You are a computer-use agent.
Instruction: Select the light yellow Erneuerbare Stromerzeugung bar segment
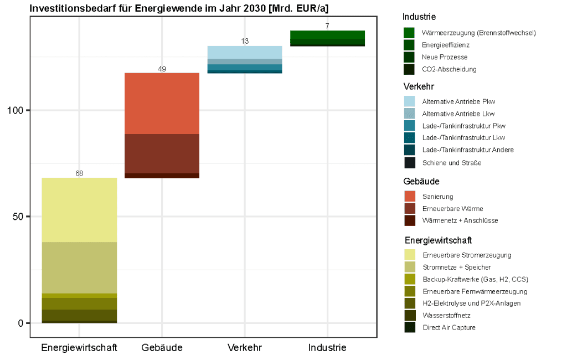click(79, 210)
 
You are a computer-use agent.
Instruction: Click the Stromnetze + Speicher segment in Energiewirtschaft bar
click(79, 268)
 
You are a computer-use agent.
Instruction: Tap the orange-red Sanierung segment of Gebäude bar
click(162, 103)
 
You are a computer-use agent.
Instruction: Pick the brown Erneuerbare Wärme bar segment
click(162, 153)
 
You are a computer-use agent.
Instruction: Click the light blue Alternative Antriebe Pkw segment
click(245, 52)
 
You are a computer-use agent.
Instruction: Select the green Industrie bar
click(327, 38)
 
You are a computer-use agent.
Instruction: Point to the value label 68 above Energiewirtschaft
click(79, 173)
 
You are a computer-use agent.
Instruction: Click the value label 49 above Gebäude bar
click(162, 69)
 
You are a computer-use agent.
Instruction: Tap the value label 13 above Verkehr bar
click(245, 42)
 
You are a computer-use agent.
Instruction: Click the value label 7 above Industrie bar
click(327, 26)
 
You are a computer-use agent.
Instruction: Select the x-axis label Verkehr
click(245, 348)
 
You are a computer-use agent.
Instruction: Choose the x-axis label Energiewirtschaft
click(79, 348)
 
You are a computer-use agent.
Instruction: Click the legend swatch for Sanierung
click(410, 196)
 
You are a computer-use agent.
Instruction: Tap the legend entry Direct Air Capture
click(449, 327)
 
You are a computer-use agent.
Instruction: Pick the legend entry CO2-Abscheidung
click(449, 69)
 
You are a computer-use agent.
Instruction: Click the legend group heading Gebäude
click(421, 181)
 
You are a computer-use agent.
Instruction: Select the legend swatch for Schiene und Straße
click(410, 163)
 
